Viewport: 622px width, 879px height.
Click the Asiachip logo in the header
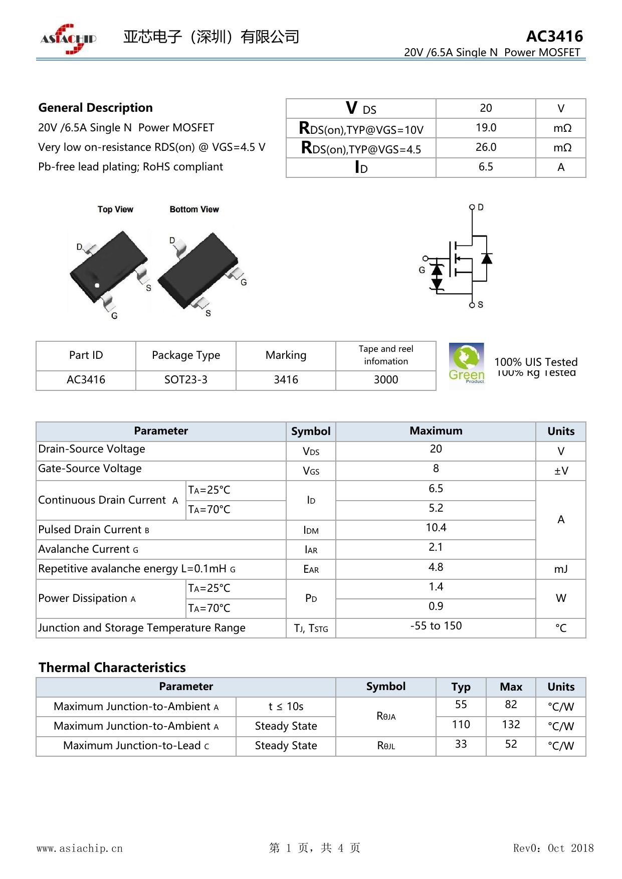pos(68,39)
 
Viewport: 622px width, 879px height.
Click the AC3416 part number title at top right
pos(554,36)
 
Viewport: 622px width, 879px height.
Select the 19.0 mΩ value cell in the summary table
pos(486,128)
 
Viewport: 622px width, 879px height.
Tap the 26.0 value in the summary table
pos(486,147)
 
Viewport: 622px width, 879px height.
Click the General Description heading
pos(95,108)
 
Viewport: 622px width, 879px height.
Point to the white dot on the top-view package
pos(97,286)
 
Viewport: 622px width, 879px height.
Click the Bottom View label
pos(194,209)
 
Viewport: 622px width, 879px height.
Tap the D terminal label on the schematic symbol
pos(481,207)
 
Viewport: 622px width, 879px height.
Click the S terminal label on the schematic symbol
pos(481,304)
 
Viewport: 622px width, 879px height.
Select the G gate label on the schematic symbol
pos(422,270)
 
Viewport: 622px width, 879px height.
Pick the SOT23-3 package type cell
pos(185,380)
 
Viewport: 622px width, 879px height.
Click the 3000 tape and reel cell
pos(386,380)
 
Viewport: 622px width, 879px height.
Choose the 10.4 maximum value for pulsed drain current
pos(436,528)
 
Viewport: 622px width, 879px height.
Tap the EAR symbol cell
pos(311,569)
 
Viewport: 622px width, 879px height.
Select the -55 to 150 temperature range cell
pos(436,626)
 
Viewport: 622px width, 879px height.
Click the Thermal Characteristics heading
pos(112,668)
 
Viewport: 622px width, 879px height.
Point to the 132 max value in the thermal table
pos(511,725)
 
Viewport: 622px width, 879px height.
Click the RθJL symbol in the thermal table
pos(386,746)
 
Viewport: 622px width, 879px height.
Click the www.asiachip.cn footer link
pos(80,848)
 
